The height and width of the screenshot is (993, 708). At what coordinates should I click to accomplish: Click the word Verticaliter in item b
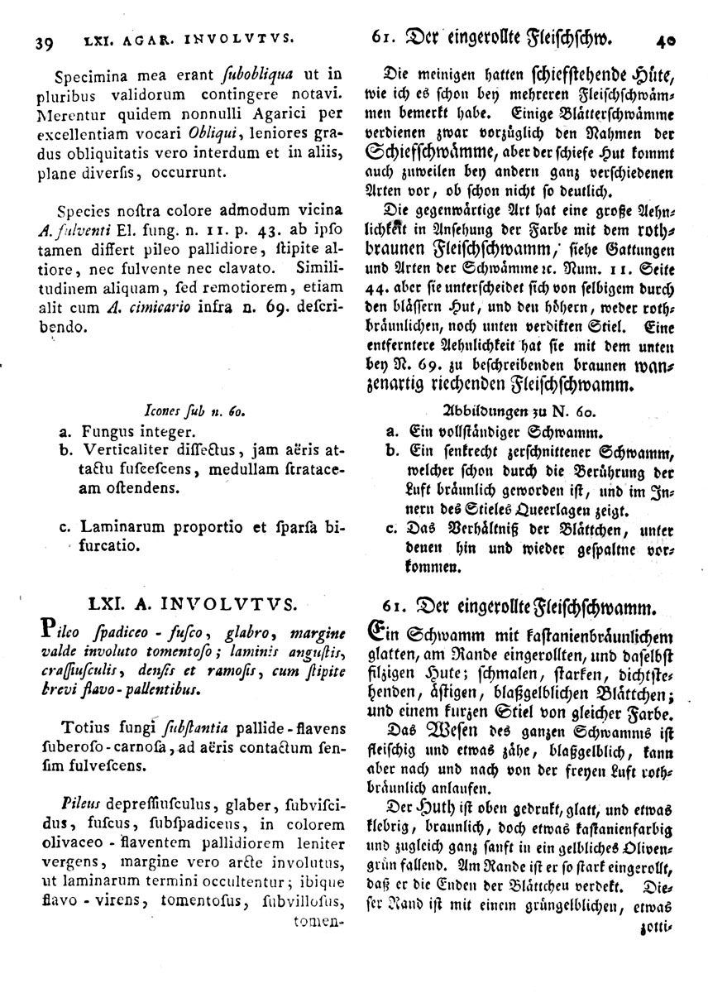point(121,452)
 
